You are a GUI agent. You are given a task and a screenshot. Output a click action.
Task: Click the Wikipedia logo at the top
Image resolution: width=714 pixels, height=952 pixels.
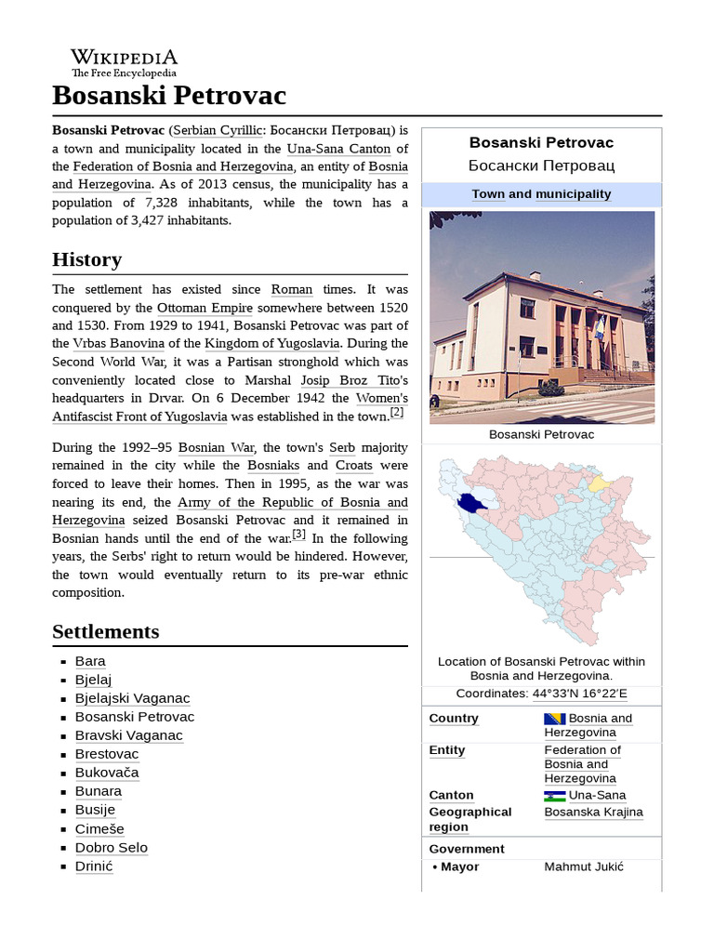(x=124, y=62)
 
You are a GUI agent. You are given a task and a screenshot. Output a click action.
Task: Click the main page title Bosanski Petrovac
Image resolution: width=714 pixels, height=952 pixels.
(x=169, y=96)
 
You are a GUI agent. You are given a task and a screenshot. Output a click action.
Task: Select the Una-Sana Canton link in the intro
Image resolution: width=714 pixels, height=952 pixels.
(x=338, y=149)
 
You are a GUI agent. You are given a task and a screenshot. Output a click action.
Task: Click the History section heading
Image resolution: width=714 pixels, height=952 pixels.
(x=86, y=259)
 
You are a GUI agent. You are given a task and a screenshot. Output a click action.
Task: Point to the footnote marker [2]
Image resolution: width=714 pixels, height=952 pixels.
(x=397, y=413)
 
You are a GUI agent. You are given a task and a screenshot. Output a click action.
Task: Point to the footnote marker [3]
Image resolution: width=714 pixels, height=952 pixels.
(x=298, y=535)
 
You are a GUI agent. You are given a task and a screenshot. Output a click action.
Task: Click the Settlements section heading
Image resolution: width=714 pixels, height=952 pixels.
(x=105, y=632)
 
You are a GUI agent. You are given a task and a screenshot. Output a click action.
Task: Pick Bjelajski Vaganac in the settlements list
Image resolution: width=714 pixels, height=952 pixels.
(x=132, y=698)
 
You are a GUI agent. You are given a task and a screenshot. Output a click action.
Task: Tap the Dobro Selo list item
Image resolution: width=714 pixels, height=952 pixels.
(x=112, y=848)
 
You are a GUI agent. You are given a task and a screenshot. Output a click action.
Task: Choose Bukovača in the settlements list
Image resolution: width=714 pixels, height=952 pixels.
(x=107, y=773)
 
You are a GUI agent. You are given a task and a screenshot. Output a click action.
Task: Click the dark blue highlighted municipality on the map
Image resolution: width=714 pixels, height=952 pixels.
(x=472, y=503)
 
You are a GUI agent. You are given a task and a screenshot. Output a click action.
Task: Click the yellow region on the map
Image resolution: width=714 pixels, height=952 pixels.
(x=598, y=484)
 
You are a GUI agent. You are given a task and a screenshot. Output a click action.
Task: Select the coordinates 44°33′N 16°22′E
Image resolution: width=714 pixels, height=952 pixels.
(x=579, y=694)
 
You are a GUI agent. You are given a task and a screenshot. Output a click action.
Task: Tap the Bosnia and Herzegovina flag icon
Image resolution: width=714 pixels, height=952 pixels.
(x=554, y=719)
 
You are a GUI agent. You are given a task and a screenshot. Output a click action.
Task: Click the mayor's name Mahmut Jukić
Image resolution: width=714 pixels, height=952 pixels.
(x=583, y=867)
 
